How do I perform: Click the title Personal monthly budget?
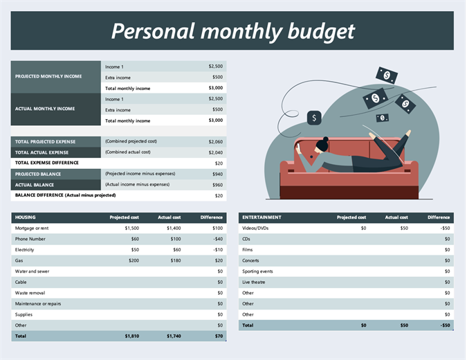tap(232, 31)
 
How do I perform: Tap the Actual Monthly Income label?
tap(45, 109)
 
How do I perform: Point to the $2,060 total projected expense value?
tap(215, 141)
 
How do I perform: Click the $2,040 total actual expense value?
tap(215, 152)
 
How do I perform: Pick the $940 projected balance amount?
tap(218, 174)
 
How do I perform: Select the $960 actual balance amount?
tap(218, 185)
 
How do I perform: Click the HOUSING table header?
tap(26, 217)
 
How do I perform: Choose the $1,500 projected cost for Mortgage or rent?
tap(131, 228)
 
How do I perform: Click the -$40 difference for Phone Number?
tap(217, 239)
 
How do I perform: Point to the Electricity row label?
tap(25, 249)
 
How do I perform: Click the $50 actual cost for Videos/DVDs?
tap(403, 228)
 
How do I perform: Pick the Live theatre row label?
tap(254, 282)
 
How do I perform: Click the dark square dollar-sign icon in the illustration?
tap(314, 118)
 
